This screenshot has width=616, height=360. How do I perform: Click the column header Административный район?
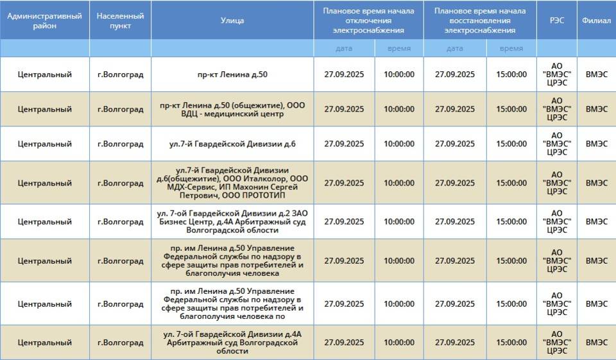(44, 21)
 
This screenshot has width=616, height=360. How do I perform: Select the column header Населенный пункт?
(120, 21)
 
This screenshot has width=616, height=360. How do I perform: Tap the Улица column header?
(232, 21)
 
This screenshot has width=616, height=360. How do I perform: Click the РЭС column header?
(557, 21)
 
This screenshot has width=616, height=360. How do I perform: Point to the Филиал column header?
(596, 21)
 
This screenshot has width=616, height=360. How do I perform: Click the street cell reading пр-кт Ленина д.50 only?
(232, 74)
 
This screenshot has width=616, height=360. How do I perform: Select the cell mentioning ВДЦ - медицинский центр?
(232, 110)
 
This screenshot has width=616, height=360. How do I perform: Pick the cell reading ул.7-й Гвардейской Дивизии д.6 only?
(232, 144)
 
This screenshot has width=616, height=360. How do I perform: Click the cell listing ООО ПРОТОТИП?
(232, 183)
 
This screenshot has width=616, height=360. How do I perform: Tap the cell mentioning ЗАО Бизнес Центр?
(232, 221)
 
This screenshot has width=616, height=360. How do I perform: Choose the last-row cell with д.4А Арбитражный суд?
(232, 342)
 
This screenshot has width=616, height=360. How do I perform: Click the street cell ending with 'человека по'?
(232, 304)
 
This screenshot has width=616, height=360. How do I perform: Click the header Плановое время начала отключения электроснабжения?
(368, 21)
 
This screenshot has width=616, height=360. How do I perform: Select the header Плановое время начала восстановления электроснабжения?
(480, 21)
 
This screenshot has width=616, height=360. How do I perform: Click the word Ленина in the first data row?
(233, 74)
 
